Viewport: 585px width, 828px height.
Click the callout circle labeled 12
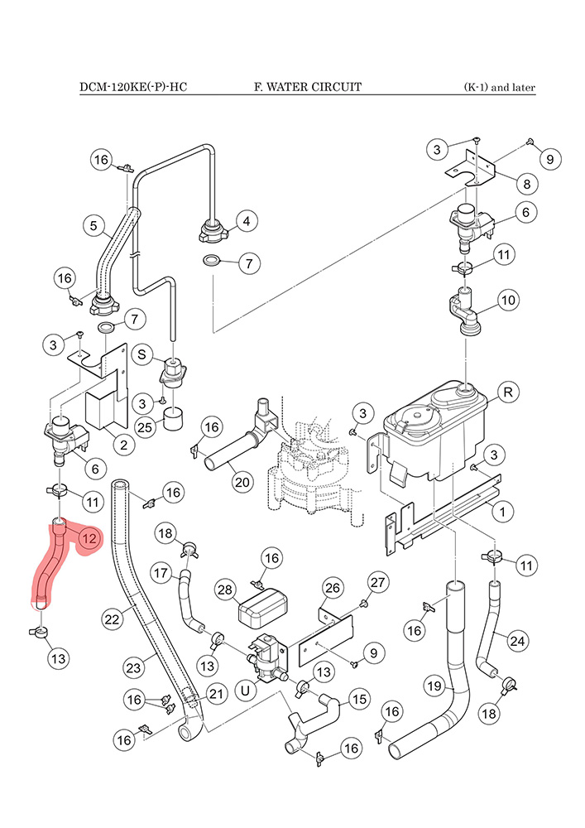click(x=89, y=539)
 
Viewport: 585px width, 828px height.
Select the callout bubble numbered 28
click(x=225, y=590)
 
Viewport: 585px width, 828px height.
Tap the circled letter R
click(x=508, y=392)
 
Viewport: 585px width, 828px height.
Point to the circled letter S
click(x=141, y=354)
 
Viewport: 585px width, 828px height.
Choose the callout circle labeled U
click(x=245, y=691)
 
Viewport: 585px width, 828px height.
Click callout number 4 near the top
click(x=247, y=221)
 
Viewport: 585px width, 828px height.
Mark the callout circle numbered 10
click(x=508, y=301)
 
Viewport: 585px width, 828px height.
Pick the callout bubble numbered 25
click(x=145, y=427)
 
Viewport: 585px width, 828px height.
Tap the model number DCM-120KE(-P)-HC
click(x=133, y=87)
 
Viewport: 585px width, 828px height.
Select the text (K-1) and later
click(x=500, y=87)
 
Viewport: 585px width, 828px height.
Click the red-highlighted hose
click(x=51, y=566)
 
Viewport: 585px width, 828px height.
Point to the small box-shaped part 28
click(x=261, y=606)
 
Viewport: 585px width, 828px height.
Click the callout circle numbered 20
click(x=242, y=482)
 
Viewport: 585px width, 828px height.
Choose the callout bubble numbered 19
click(x=434, y=686)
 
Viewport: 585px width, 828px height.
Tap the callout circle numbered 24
click(x=517, y=641)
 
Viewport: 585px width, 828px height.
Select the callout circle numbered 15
click(x=359, y=700)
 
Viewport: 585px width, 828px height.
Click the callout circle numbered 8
click(x=526, y=185)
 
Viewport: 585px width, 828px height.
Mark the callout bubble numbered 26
click(x=333, y=588)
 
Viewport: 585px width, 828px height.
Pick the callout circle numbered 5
click(x=94, y=226)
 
